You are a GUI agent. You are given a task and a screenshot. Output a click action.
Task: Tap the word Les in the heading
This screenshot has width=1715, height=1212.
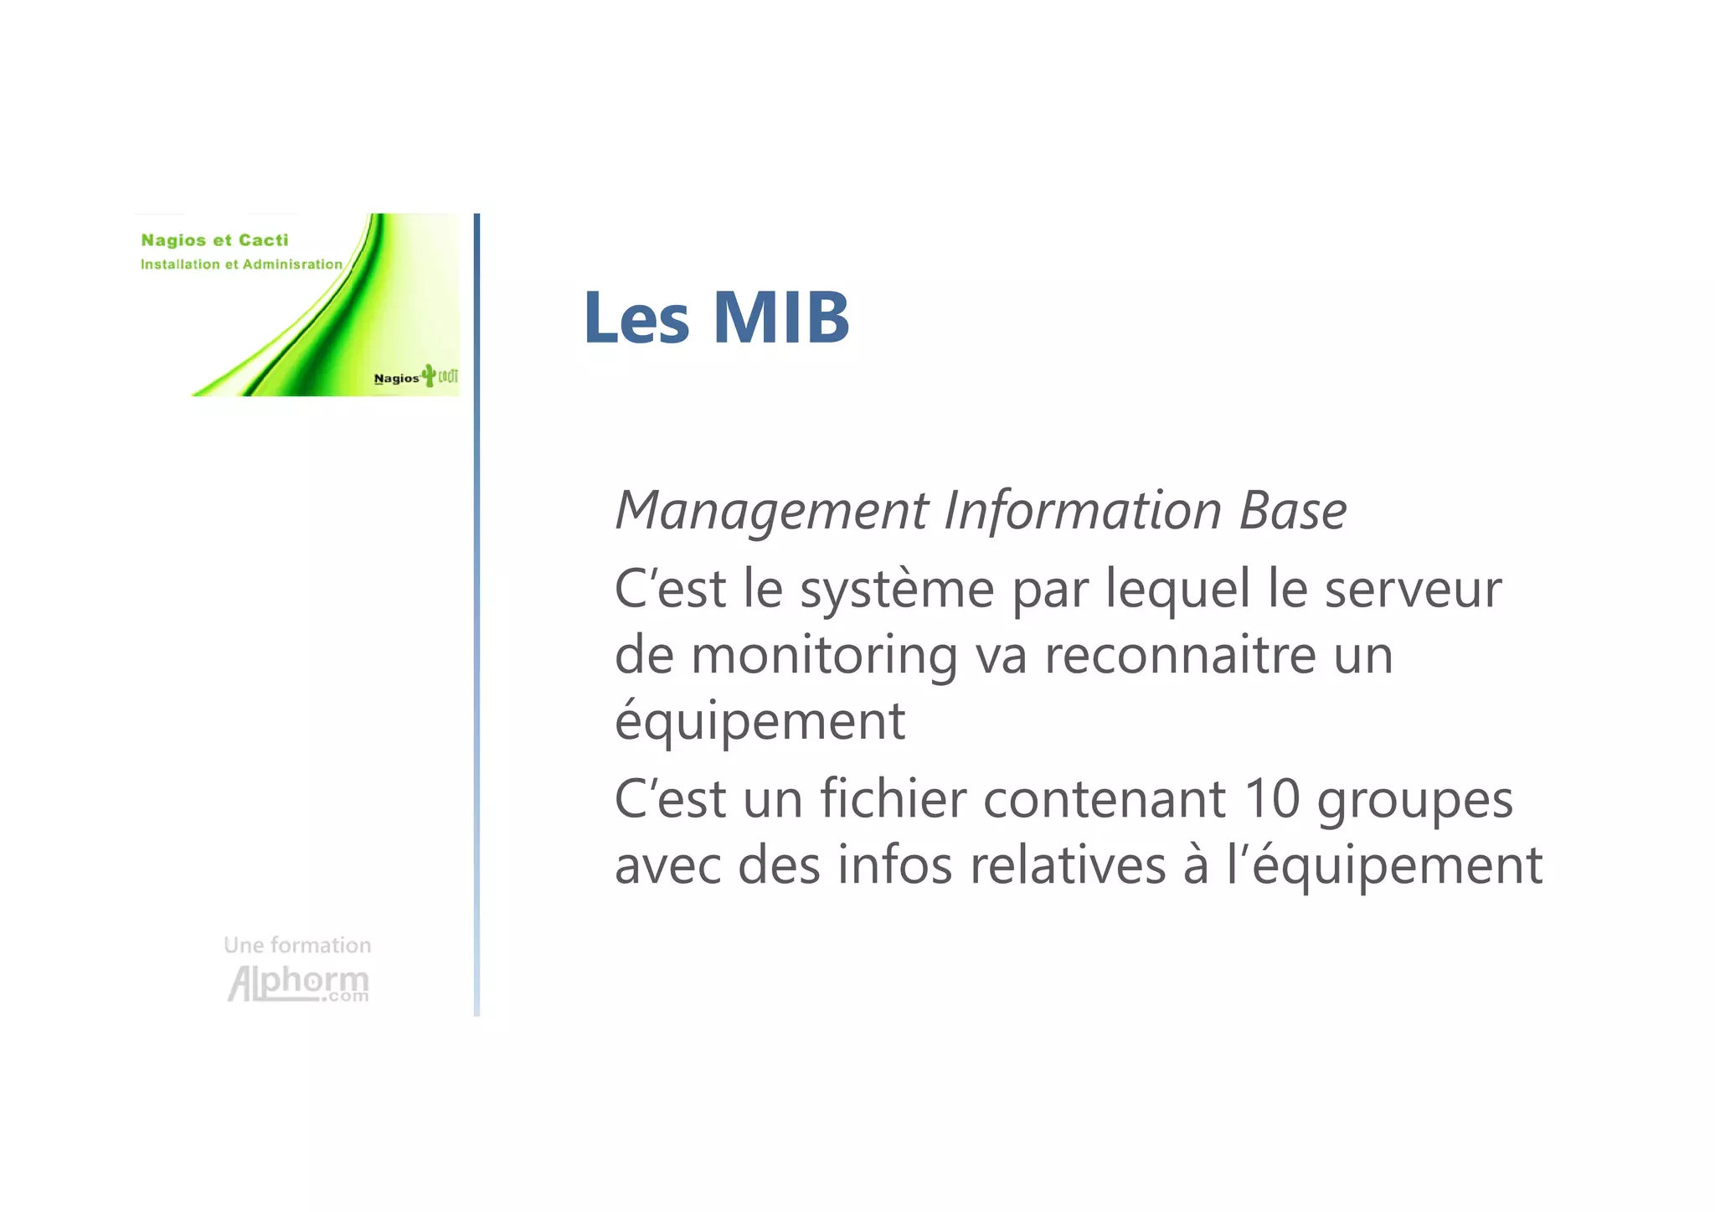tap(636, 317)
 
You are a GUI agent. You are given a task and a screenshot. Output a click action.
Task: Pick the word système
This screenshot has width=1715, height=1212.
tap(897, 590)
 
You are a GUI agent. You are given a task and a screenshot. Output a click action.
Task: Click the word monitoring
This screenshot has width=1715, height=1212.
tap(824, 655)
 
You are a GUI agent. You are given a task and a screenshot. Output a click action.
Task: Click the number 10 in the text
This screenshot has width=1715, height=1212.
tap(1272, 799)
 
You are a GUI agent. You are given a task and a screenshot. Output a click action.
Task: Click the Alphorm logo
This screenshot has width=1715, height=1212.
tap(298, 983)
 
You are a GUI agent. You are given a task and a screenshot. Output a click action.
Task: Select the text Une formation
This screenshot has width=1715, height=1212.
tap(297, 946)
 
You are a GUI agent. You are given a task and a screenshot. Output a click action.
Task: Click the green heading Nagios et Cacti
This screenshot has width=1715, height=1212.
tap(214, 240)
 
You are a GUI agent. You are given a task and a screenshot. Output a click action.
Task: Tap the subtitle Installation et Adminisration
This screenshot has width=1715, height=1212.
tap(241, 265)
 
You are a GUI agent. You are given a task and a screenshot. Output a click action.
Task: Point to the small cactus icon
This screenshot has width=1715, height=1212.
tap(429, 375)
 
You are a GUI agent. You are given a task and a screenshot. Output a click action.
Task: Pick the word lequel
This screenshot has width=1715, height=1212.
tap(1177, 590)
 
